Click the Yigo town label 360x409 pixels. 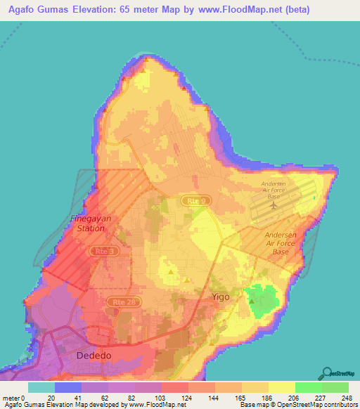[x=222, y=297]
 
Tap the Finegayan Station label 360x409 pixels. [x=89, y=223]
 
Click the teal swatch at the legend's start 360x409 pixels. [x=41, y=387]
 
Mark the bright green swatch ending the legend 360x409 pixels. [x=335, y=387]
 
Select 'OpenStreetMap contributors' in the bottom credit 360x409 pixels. [x=318, y=405]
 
